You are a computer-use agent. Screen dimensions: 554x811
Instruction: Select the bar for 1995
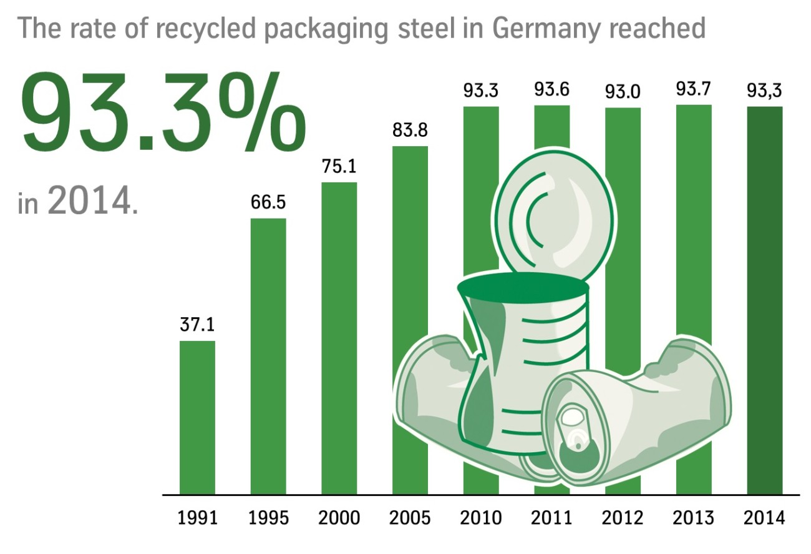pyautogui.click(x=268, y=356)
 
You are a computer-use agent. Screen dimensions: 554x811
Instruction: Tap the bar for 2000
pyautogui.click(x=339, y=338)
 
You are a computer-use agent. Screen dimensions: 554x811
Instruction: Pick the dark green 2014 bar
pyautogui.click(x=765, y=300)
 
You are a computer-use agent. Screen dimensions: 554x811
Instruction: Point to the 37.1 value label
pyautogui.click(x=197, y=325)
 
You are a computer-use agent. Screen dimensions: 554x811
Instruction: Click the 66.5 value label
pyautogui.click(x=268, y=203)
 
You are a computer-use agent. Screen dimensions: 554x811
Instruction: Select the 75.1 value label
pyautogui.click(x=339, y=167)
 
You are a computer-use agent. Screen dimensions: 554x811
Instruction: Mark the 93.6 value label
pyautogui.click(x=552, y=90)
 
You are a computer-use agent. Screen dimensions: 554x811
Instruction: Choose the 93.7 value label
pyautogui.click(x=694, y=89)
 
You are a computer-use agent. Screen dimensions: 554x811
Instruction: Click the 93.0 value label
pyautogui.click(x=623, y=92)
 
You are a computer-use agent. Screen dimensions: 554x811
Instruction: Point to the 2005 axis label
pyautogui.click(x=410, y=518)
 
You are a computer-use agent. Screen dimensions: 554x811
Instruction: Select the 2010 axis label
pyautogui.click(x=481, y=518)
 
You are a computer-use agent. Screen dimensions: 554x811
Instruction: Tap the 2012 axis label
pyautogui.click(x=623, y=518)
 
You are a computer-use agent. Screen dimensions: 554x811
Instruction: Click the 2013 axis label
pyautogui.click(x=694, y=518)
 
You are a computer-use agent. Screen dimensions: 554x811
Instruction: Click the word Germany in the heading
pyautogui.click(x=550, y=29)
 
